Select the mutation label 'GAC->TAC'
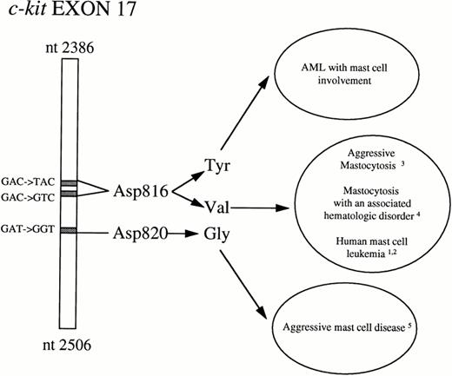(27, 178)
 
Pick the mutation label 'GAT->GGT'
(27, 229)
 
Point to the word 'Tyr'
(216, 165)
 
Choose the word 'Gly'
(217, 234)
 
